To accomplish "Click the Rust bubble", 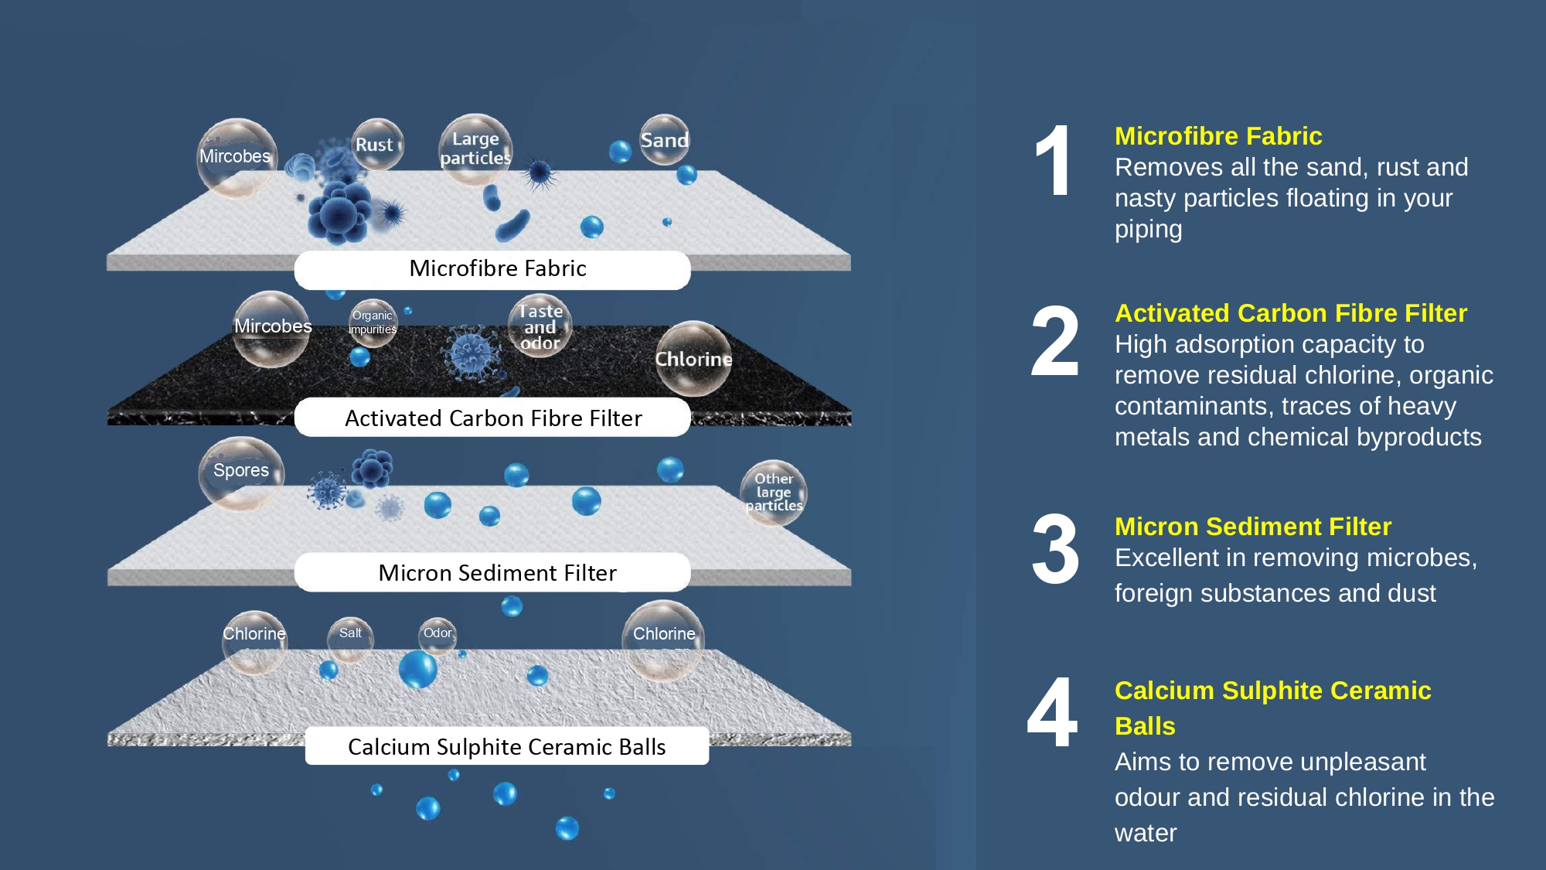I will (376, 145).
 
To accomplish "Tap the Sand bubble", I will (664, 140).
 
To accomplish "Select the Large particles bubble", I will (475, 148).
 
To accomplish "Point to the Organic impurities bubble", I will (373, 322).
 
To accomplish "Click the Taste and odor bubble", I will (540, 326).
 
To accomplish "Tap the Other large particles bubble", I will (774, 493).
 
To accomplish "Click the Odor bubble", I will (438, 635).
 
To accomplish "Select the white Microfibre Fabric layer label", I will (492, 269).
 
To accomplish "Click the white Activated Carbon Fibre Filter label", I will (492, 418).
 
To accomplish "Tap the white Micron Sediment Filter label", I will (492, 573).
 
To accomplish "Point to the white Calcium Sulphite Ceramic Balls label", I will (506, 746).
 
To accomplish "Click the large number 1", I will (1054, 162).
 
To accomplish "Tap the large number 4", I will (1053, 713).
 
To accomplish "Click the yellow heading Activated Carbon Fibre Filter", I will (1290, 313).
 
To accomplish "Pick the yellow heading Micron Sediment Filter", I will (1252, 527).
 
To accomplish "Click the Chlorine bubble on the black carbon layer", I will (693, 359).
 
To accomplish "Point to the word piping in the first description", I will (1148, 230).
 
